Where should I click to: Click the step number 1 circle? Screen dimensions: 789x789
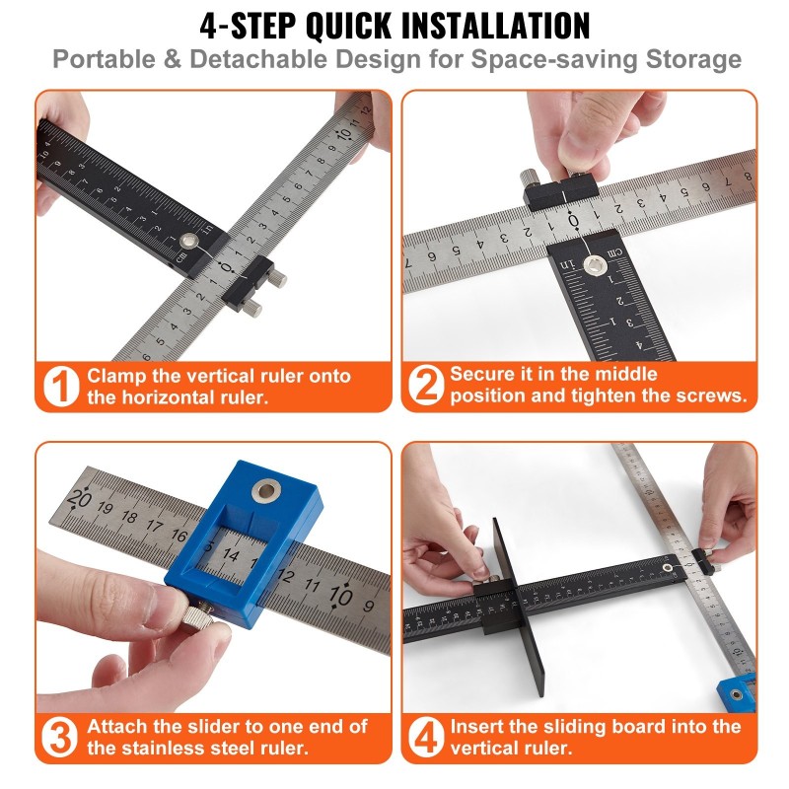tap(61, 387)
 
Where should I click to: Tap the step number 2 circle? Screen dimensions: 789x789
tap(426, 385)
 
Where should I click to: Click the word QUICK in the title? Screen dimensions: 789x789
tap(349, 26)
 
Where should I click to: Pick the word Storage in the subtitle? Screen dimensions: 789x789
tap(693, 59)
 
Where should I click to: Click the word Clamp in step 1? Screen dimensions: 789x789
tap(115, 377)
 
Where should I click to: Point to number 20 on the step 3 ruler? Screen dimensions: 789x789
tap(79, 498)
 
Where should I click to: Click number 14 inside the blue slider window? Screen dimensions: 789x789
tap(231, 554)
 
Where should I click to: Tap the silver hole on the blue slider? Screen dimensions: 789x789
tap(266, 490)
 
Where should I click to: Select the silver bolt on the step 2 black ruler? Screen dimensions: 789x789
tap(594, 264)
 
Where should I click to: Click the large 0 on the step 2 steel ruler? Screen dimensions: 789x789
tap(573, 220)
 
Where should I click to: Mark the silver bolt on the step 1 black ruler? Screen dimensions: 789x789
tap(189, 241)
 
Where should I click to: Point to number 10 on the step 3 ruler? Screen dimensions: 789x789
tap(340, 596)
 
